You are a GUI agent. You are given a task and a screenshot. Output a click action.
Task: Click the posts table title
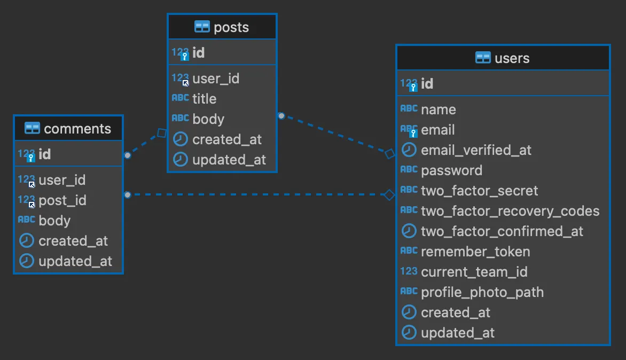[x=231, y=27]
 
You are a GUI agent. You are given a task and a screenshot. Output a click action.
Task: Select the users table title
[x=512, y=58]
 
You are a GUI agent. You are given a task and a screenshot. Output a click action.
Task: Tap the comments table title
[x=77, y=129]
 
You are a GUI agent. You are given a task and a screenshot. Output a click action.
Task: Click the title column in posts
[x=204, y=99]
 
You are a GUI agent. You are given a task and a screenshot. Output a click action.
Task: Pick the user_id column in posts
[x=216, y=79]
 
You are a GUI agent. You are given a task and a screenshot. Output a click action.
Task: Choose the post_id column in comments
[x=62, y=200]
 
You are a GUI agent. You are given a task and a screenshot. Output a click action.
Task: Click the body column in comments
[x=54, y=221]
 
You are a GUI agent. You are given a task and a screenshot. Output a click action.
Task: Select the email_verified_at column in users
[x=476, y=150]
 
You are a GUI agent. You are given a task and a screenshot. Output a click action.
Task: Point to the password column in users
[x=451, y=170]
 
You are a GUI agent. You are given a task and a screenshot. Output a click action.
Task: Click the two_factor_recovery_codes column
[x=510, y=211]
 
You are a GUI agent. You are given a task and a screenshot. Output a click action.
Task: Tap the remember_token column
[x=475, y=252]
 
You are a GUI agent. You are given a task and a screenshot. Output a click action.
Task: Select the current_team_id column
[x=474, y=272]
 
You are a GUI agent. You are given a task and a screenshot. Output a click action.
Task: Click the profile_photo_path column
[x=482, y=292]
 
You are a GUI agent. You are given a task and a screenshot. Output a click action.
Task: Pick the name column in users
[x=439, y=109]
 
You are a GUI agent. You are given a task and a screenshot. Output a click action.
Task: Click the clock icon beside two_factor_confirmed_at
[x=409, y=231]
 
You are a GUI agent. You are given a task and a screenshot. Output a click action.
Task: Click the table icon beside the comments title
[x=33, y=129]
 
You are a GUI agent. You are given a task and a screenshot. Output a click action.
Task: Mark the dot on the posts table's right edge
[x=281, y=115]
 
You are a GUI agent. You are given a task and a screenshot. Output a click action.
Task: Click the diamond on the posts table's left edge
[x=161, y=132]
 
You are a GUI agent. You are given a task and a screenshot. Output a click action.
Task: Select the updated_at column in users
[x=458, y=333]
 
